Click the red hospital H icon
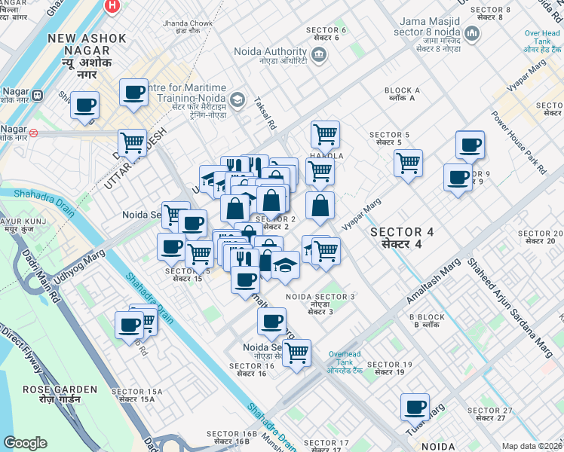click(x=112, y=5)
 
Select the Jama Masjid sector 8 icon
click(x=472, y=32)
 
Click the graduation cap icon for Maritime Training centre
click(x=238, y=99)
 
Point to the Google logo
click(x=26, y=443)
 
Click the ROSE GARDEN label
click(x=60, y=389)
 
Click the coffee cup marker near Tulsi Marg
click(x=415, y=408)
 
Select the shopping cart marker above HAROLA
click(x=325, y=134)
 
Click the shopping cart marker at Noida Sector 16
click(x=296, y=352)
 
